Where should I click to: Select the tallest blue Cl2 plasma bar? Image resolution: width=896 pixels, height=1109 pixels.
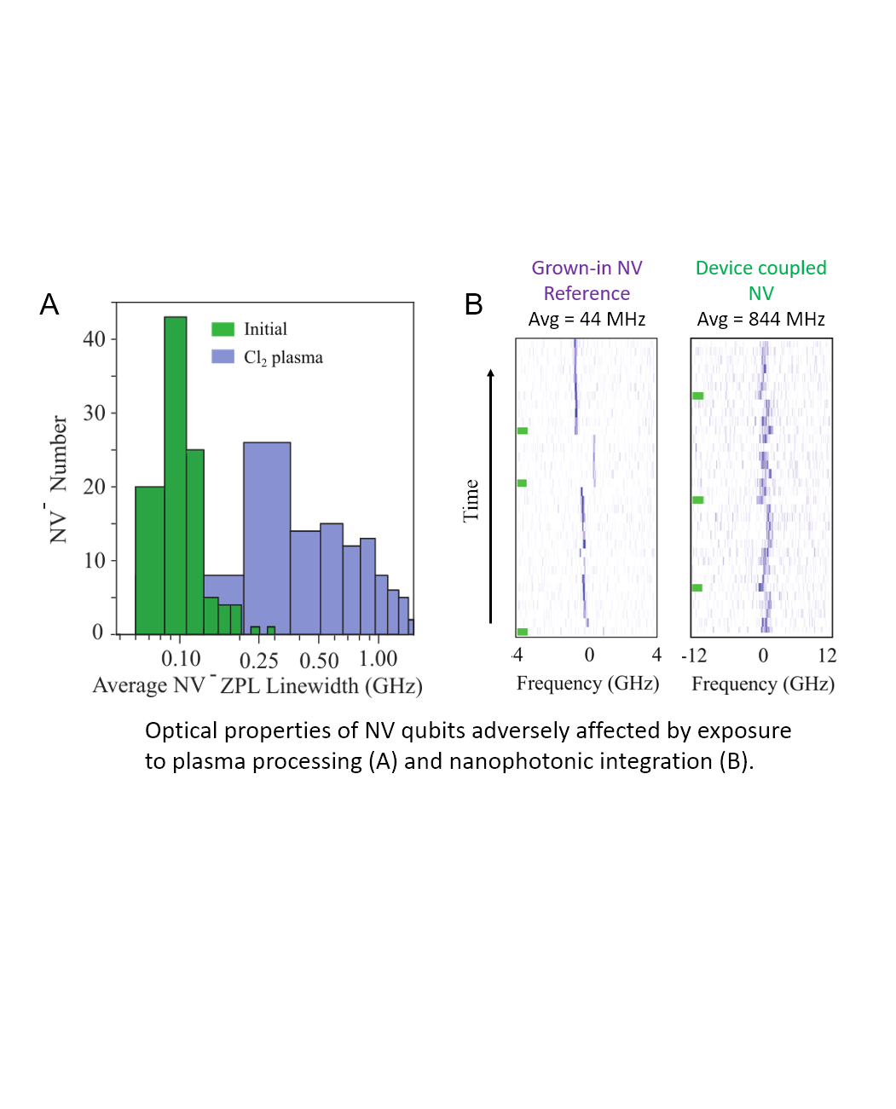coord(267,537)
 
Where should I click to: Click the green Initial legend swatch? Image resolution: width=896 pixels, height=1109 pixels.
coord(223,329)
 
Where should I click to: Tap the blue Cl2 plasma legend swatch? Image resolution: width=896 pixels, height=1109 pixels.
coord(223,356)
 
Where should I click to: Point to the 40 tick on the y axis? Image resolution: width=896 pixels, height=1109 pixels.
coord(94,339)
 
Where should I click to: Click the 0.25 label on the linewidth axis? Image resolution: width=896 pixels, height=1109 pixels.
coord(258,661)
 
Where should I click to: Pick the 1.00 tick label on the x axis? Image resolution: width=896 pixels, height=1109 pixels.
coord(378,659)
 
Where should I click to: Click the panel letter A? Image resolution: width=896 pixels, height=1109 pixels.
coord(49,304)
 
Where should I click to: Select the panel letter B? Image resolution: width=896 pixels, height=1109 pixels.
coord(473,304)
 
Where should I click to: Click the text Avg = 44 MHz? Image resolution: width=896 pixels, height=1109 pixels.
coord(587,319)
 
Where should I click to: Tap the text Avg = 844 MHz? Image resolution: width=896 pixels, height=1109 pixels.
coord(760,319)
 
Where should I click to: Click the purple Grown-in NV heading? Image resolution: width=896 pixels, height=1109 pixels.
coord(587,268)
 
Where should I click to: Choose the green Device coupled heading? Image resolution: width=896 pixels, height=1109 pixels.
coord(760,268)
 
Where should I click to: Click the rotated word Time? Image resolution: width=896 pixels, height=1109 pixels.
coord(471,500)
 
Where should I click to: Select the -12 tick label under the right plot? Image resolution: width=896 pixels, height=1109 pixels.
coord(694,656)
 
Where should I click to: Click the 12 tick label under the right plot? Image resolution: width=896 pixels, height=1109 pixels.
coord(827,656)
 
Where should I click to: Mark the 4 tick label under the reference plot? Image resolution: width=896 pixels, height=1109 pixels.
coord(656,655)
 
